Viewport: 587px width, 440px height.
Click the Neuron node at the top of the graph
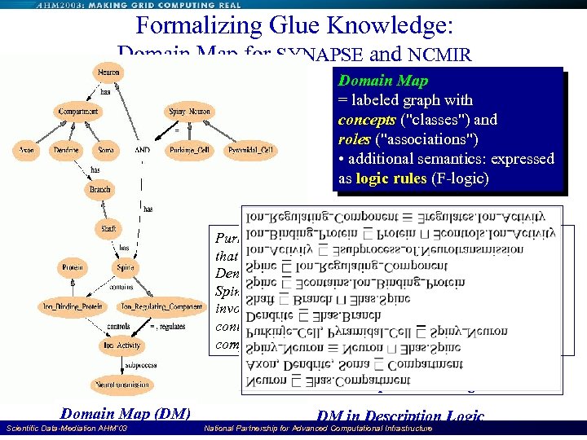pos(109,73)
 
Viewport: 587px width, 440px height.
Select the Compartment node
pos(78,112)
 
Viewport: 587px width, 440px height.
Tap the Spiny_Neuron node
pos(190,112)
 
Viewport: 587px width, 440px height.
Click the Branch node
pos(99,189)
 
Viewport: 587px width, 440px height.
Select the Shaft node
pos(108,229)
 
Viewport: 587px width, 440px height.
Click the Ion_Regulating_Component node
pos(161,306)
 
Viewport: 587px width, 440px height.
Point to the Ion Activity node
pos(121,345)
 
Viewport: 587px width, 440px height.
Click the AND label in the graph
pos(143,151)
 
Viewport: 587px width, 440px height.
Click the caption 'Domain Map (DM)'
pos(126,414)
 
